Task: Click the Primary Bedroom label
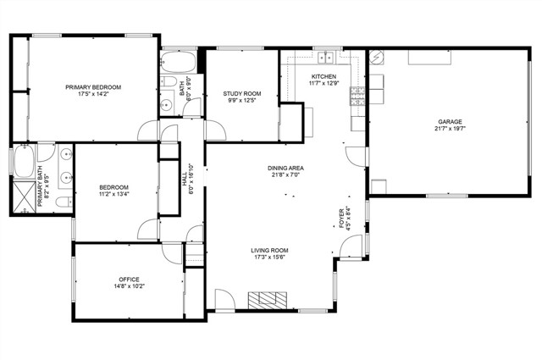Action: (93, 87)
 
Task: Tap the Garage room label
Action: (450, 122)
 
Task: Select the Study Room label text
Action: (242, 94)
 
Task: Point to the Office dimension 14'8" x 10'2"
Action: (130, 286)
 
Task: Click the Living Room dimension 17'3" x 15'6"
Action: (269, 258)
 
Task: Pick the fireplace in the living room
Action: (268, 300)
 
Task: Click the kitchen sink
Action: (325, 58)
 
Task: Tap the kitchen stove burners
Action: (358, 96)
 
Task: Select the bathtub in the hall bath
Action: (179, 62)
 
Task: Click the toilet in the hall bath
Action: (169, 81)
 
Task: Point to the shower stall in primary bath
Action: (25, 197)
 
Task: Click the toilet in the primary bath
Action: (64, 202)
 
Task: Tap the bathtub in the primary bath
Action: (25, 161)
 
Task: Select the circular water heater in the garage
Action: (376, 58)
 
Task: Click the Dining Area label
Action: (286, 168)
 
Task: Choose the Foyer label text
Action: (341, 219)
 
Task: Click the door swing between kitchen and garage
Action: (356, 157)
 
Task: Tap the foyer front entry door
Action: (351, 246)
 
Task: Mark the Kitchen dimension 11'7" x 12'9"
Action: (324, 83)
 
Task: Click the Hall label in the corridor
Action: (184, 179)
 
